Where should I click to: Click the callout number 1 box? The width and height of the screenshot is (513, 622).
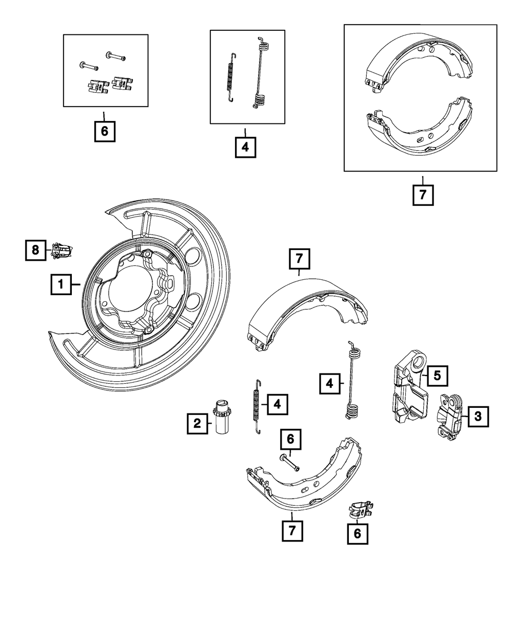(61, 284)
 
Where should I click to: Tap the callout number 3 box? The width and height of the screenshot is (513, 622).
(478, 417)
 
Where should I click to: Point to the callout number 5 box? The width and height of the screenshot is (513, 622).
(437, 376)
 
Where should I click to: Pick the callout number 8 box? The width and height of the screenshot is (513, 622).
(35, 250)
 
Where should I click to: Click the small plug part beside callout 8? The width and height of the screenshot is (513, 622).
(61, 251)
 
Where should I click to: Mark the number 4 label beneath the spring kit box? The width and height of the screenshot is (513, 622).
(245, 147)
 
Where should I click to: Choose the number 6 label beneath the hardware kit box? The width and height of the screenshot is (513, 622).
(104, 131)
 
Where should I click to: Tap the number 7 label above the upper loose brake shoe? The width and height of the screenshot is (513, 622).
(299, 259)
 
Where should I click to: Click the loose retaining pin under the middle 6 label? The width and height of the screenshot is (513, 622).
(289, 463)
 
